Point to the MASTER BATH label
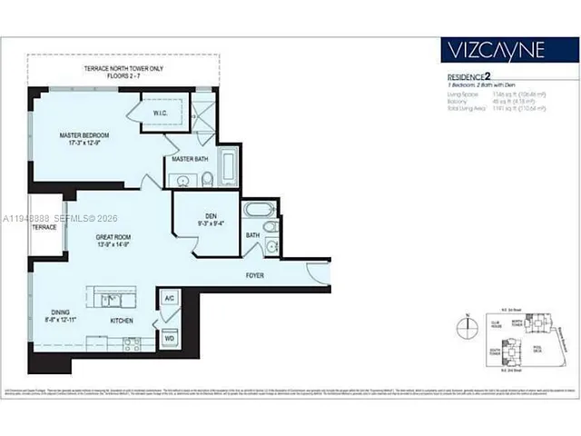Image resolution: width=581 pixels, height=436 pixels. pos(190,160)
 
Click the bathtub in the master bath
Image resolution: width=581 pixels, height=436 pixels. pos(228,167)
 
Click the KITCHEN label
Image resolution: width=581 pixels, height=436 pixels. pos(123,321)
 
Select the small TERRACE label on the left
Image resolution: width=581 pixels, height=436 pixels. pos(44,226)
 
